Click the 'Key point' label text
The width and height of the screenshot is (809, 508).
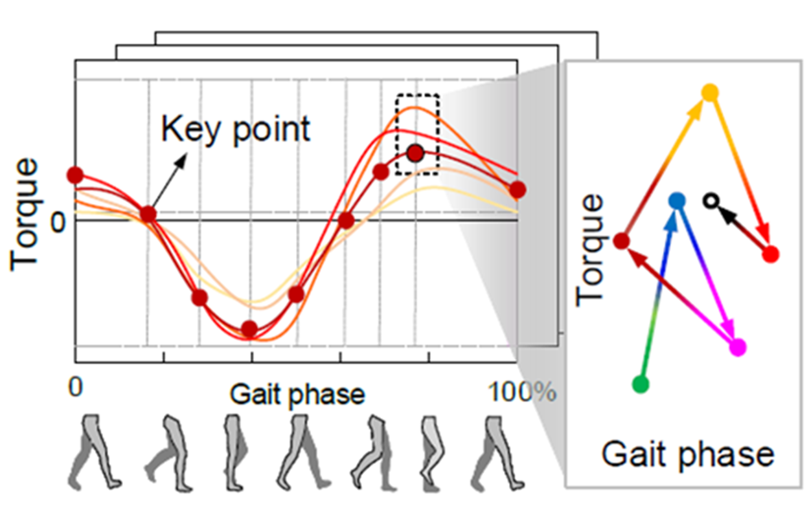236,129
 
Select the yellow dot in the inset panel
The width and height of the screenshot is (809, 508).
711,93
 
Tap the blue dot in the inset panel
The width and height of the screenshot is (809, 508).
676,201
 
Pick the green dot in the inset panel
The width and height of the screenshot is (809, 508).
640,384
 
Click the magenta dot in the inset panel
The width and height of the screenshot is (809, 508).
737,348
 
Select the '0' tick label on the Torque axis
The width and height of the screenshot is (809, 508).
58,222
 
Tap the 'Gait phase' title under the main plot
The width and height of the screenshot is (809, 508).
297,393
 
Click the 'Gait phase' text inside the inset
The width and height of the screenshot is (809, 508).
688,454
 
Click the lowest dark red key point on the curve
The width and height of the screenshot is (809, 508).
249,329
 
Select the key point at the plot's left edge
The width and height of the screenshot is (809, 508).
75,175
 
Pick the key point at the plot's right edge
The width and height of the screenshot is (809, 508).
517,190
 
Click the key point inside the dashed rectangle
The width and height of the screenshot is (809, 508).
415,153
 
